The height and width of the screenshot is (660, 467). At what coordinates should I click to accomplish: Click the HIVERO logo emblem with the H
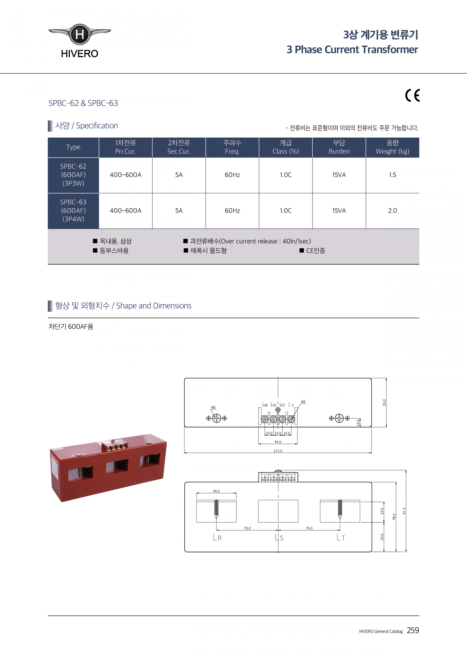coord(79,35)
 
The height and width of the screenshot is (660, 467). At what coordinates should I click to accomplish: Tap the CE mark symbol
coord(412,96)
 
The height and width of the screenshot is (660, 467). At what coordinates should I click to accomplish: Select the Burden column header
coord(339,147)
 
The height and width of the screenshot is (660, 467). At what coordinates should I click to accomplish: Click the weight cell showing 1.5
coord(392,175)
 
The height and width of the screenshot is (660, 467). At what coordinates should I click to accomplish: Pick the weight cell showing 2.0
coord(392,211)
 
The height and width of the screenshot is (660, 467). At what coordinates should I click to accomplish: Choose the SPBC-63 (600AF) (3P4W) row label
coord(73,211)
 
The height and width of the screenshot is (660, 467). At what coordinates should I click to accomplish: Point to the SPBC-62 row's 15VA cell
coord(339,175)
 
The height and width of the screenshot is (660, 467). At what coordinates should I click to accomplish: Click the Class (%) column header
coord(286,147)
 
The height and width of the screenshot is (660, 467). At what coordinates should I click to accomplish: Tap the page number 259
coord(413,630)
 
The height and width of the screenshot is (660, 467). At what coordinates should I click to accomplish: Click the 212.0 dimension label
coord(278,451)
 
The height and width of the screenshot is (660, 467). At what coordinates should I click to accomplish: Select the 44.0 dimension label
coord(278,442)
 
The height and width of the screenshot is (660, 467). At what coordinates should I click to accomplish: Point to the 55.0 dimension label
coord(384,402)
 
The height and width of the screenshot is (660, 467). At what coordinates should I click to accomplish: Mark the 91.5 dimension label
coord(404,511)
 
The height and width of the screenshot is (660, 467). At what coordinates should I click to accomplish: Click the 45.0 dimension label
coord(216,491)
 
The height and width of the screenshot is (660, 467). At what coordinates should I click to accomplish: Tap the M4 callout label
coord(303,402)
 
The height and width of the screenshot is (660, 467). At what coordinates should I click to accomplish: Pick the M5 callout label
coord(213,407)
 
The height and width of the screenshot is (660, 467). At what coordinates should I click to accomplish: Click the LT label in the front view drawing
coord(341,537)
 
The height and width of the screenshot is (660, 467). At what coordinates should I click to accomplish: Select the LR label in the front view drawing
coord(217,537)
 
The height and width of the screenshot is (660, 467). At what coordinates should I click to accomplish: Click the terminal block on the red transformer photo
coord(115,445)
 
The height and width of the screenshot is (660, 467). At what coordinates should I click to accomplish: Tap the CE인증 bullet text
coord(315,251)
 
